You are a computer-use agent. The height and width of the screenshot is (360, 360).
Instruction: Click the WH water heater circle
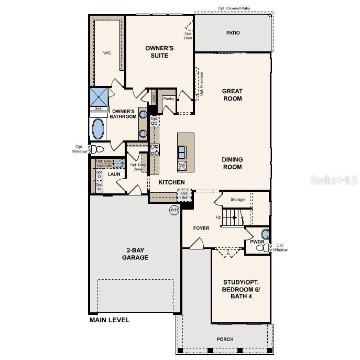coord(174,210)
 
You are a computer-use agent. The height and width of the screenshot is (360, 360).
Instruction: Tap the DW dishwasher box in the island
coord(182,166)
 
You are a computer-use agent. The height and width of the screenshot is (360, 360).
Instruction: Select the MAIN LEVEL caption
coord(109,320)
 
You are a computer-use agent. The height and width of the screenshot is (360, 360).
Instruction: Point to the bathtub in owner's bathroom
coord(98,128)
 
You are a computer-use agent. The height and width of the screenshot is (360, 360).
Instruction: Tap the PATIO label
coord(233,33)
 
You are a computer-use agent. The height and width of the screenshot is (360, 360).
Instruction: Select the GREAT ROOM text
coord(232,95)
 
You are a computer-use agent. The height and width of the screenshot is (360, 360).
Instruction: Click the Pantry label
coord(169,99)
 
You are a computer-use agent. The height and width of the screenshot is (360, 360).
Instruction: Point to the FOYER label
coord(201,228)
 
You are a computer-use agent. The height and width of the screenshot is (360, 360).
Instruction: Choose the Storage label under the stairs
coord(237,199)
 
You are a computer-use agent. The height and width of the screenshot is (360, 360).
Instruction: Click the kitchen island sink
coord(182,152)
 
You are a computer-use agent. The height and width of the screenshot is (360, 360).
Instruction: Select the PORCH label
coord(225,339)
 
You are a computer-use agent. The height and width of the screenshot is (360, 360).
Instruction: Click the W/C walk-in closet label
coord(107,53)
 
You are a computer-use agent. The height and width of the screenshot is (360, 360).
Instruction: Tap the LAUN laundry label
coord(114,174)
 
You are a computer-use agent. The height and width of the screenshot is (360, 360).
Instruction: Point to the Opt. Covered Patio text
coord(235,8)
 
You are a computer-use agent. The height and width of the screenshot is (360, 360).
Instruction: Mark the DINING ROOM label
coord(232,163)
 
